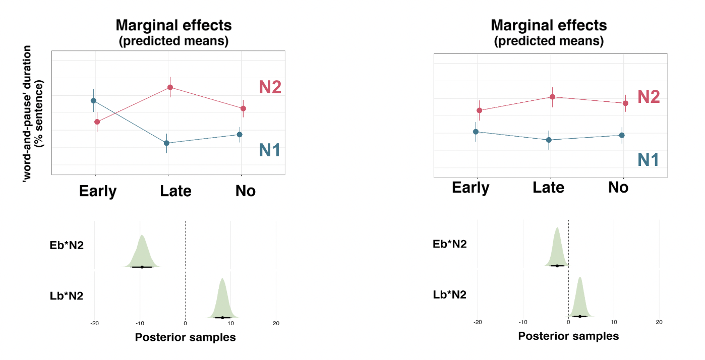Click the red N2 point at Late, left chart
tap(170, 87)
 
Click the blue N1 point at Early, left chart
tap(93, 100)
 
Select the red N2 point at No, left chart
tap(243, 108)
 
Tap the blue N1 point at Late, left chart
tap(166, 143)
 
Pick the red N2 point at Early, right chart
tap(479, 110)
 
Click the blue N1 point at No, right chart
tap(622, 135)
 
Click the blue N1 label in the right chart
tap(648, 160)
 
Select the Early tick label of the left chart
tap(98, 192)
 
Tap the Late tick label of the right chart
tap(548, 188)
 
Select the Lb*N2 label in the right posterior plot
tap(449, 294)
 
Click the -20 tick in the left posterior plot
tap(94, 323)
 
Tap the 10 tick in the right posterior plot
tap(613, 322)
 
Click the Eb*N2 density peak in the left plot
tap(142, 236)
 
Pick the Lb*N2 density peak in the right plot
tap(580, 278)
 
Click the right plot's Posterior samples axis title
tap(568, 336)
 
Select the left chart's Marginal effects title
tap(173, 25)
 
